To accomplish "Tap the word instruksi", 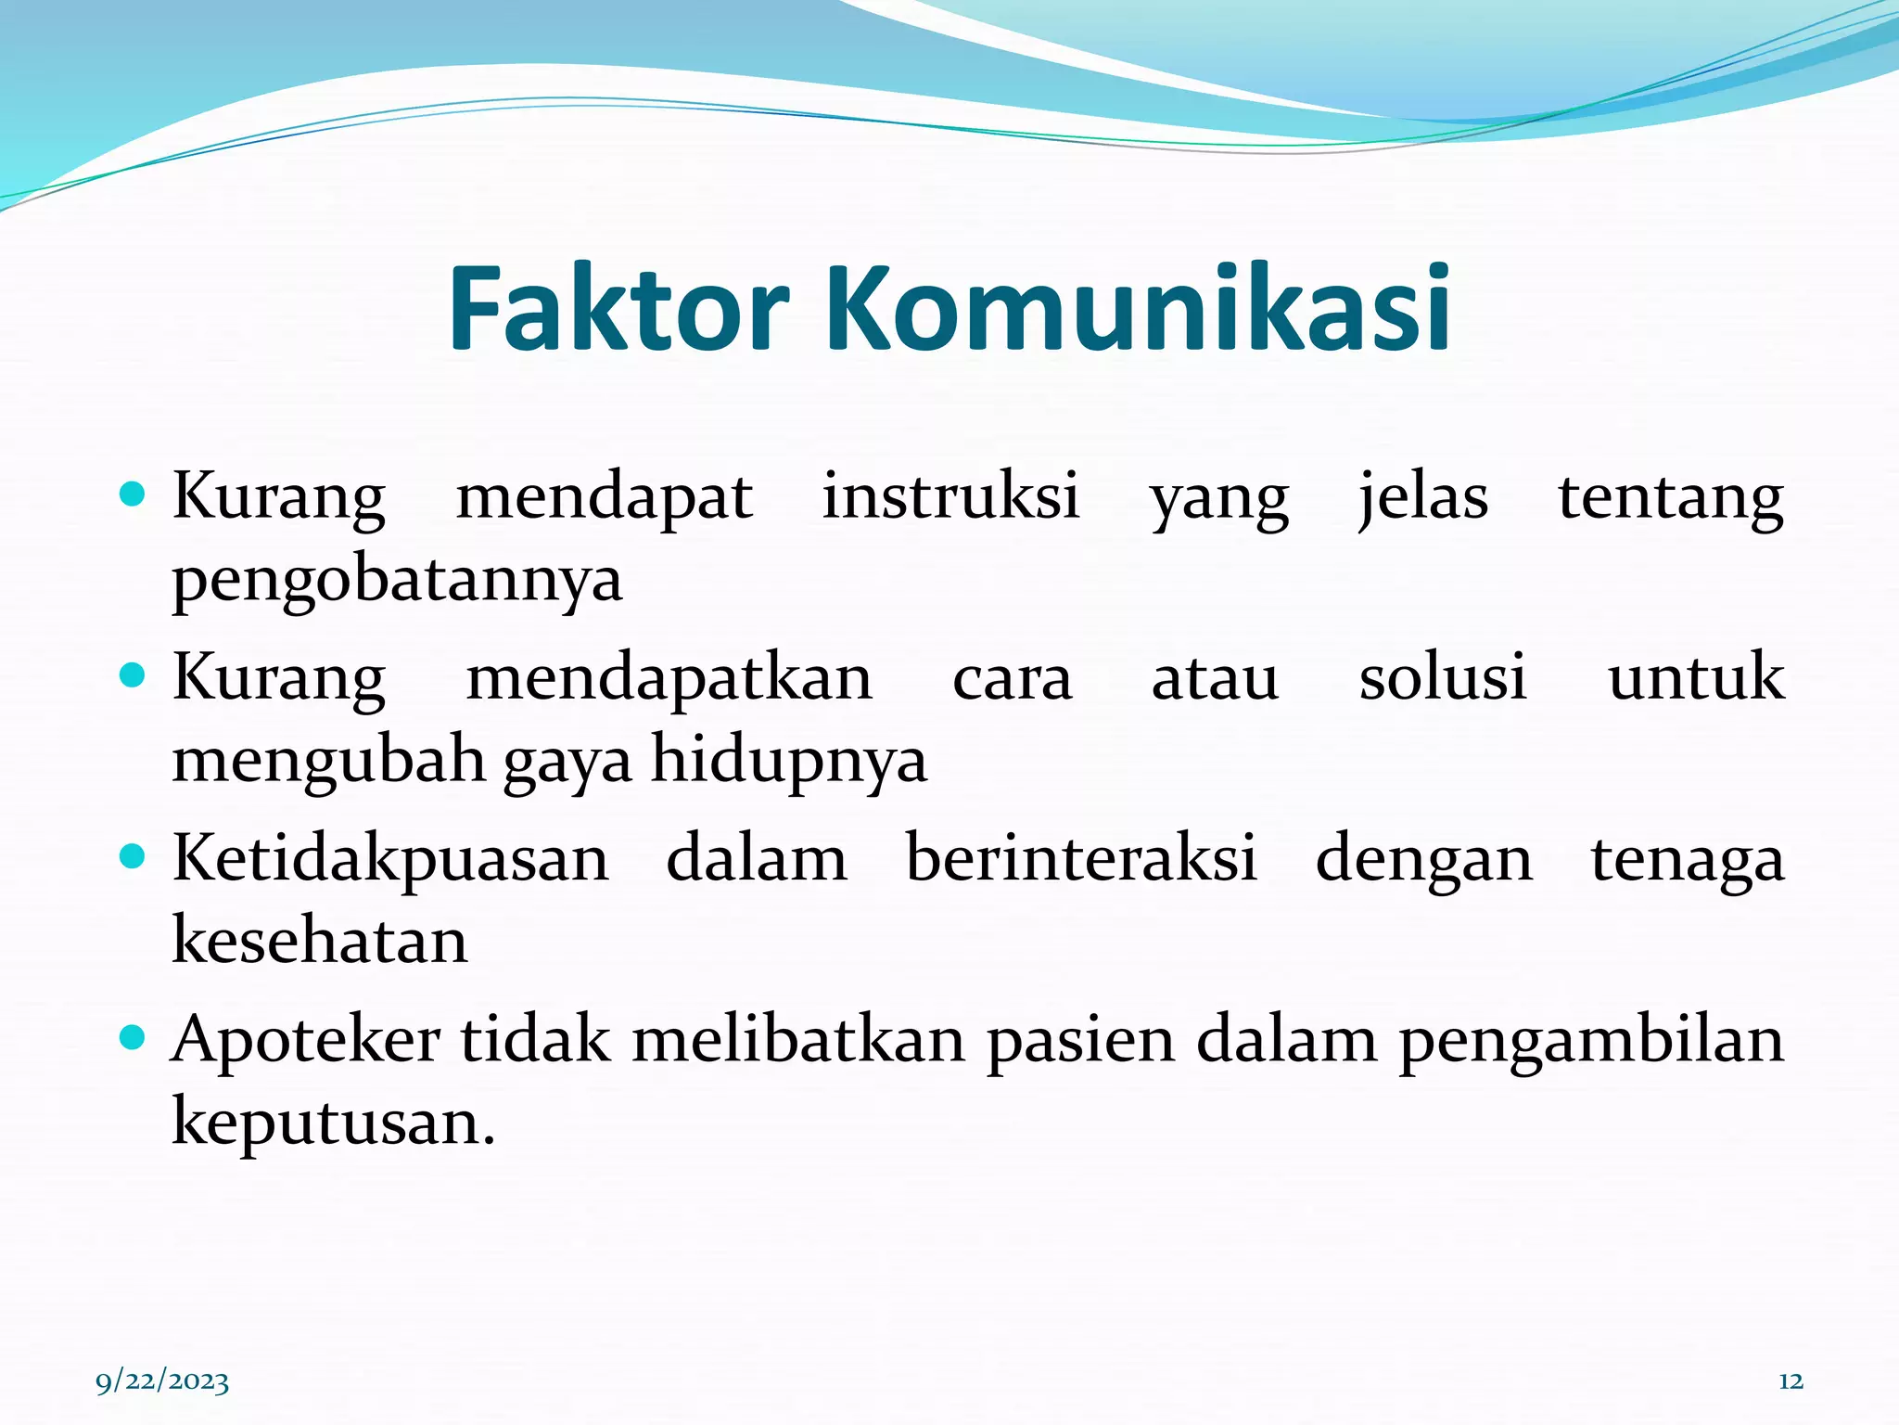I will [x=950, y=496].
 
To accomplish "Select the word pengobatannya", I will [x=397, y=581].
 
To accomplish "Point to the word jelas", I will [x=1422, y=498].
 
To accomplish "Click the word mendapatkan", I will [x=669, y=677].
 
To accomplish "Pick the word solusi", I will [x=1442, y=677].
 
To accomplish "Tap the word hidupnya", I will [x=788, y=762].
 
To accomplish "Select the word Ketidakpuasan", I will [x=390, y=859].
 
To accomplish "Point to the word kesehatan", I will [x=320, y=941].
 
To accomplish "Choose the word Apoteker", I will [x=305, y=1041].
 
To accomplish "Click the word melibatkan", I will [x=798, y=1039].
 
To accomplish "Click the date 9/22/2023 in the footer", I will [x=162, y=1382].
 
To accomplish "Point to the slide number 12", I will [x=1791, y=1382].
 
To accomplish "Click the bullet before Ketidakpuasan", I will [x=134, y=855].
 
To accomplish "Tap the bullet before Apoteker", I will [x=134, y=1036].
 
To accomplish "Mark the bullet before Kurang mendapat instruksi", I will [x=134, y=494].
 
